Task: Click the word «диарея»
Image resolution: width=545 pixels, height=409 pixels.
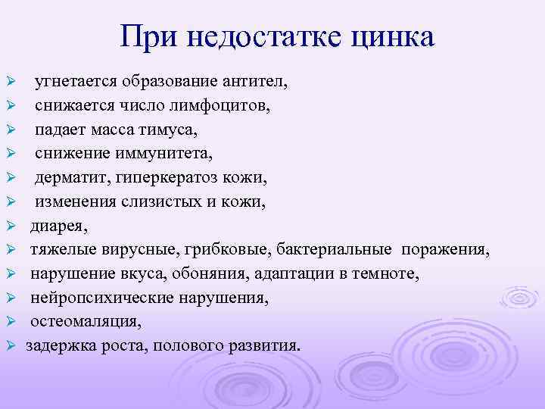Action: [58, 226]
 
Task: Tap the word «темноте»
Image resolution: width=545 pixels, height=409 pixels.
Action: [386, 273]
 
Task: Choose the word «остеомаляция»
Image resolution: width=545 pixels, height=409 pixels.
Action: [85, 322]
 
